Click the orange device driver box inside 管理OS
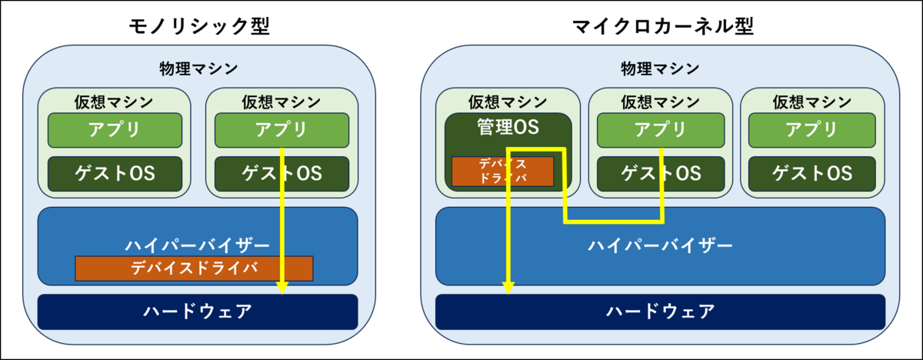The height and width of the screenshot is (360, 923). tap(502, 171)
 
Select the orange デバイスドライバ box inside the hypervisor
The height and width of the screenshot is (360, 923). tap(194, 268)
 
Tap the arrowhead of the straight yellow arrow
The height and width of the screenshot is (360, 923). tap(282, 288)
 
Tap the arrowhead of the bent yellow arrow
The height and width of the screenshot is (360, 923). tap(508, 288)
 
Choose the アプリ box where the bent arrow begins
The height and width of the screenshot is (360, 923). tap(661, 130)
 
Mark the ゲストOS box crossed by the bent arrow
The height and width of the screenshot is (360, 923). tap(661, 174)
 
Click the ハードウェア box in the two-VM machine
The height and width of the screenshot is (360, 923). tap(198, 311)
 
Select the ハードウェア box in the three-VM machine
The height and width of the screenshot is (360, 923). tap(661, 311)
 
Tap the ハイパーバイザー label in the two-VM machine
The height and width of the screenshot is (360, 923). tap(198, 245)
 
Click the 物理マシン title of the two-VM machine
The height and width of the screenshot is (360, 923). tap(198, 69)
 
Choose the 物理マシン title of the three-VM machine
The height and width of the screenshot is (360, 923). tap(661, 69)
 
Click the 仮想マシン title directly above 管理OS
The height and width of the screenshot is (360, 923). tap(508, 102)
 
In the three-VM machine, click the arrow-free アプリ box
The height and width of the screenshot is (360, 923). tap(812, 130)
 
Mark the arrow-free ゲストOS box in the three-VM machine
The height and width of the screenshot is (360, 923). tap(812, 174)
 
